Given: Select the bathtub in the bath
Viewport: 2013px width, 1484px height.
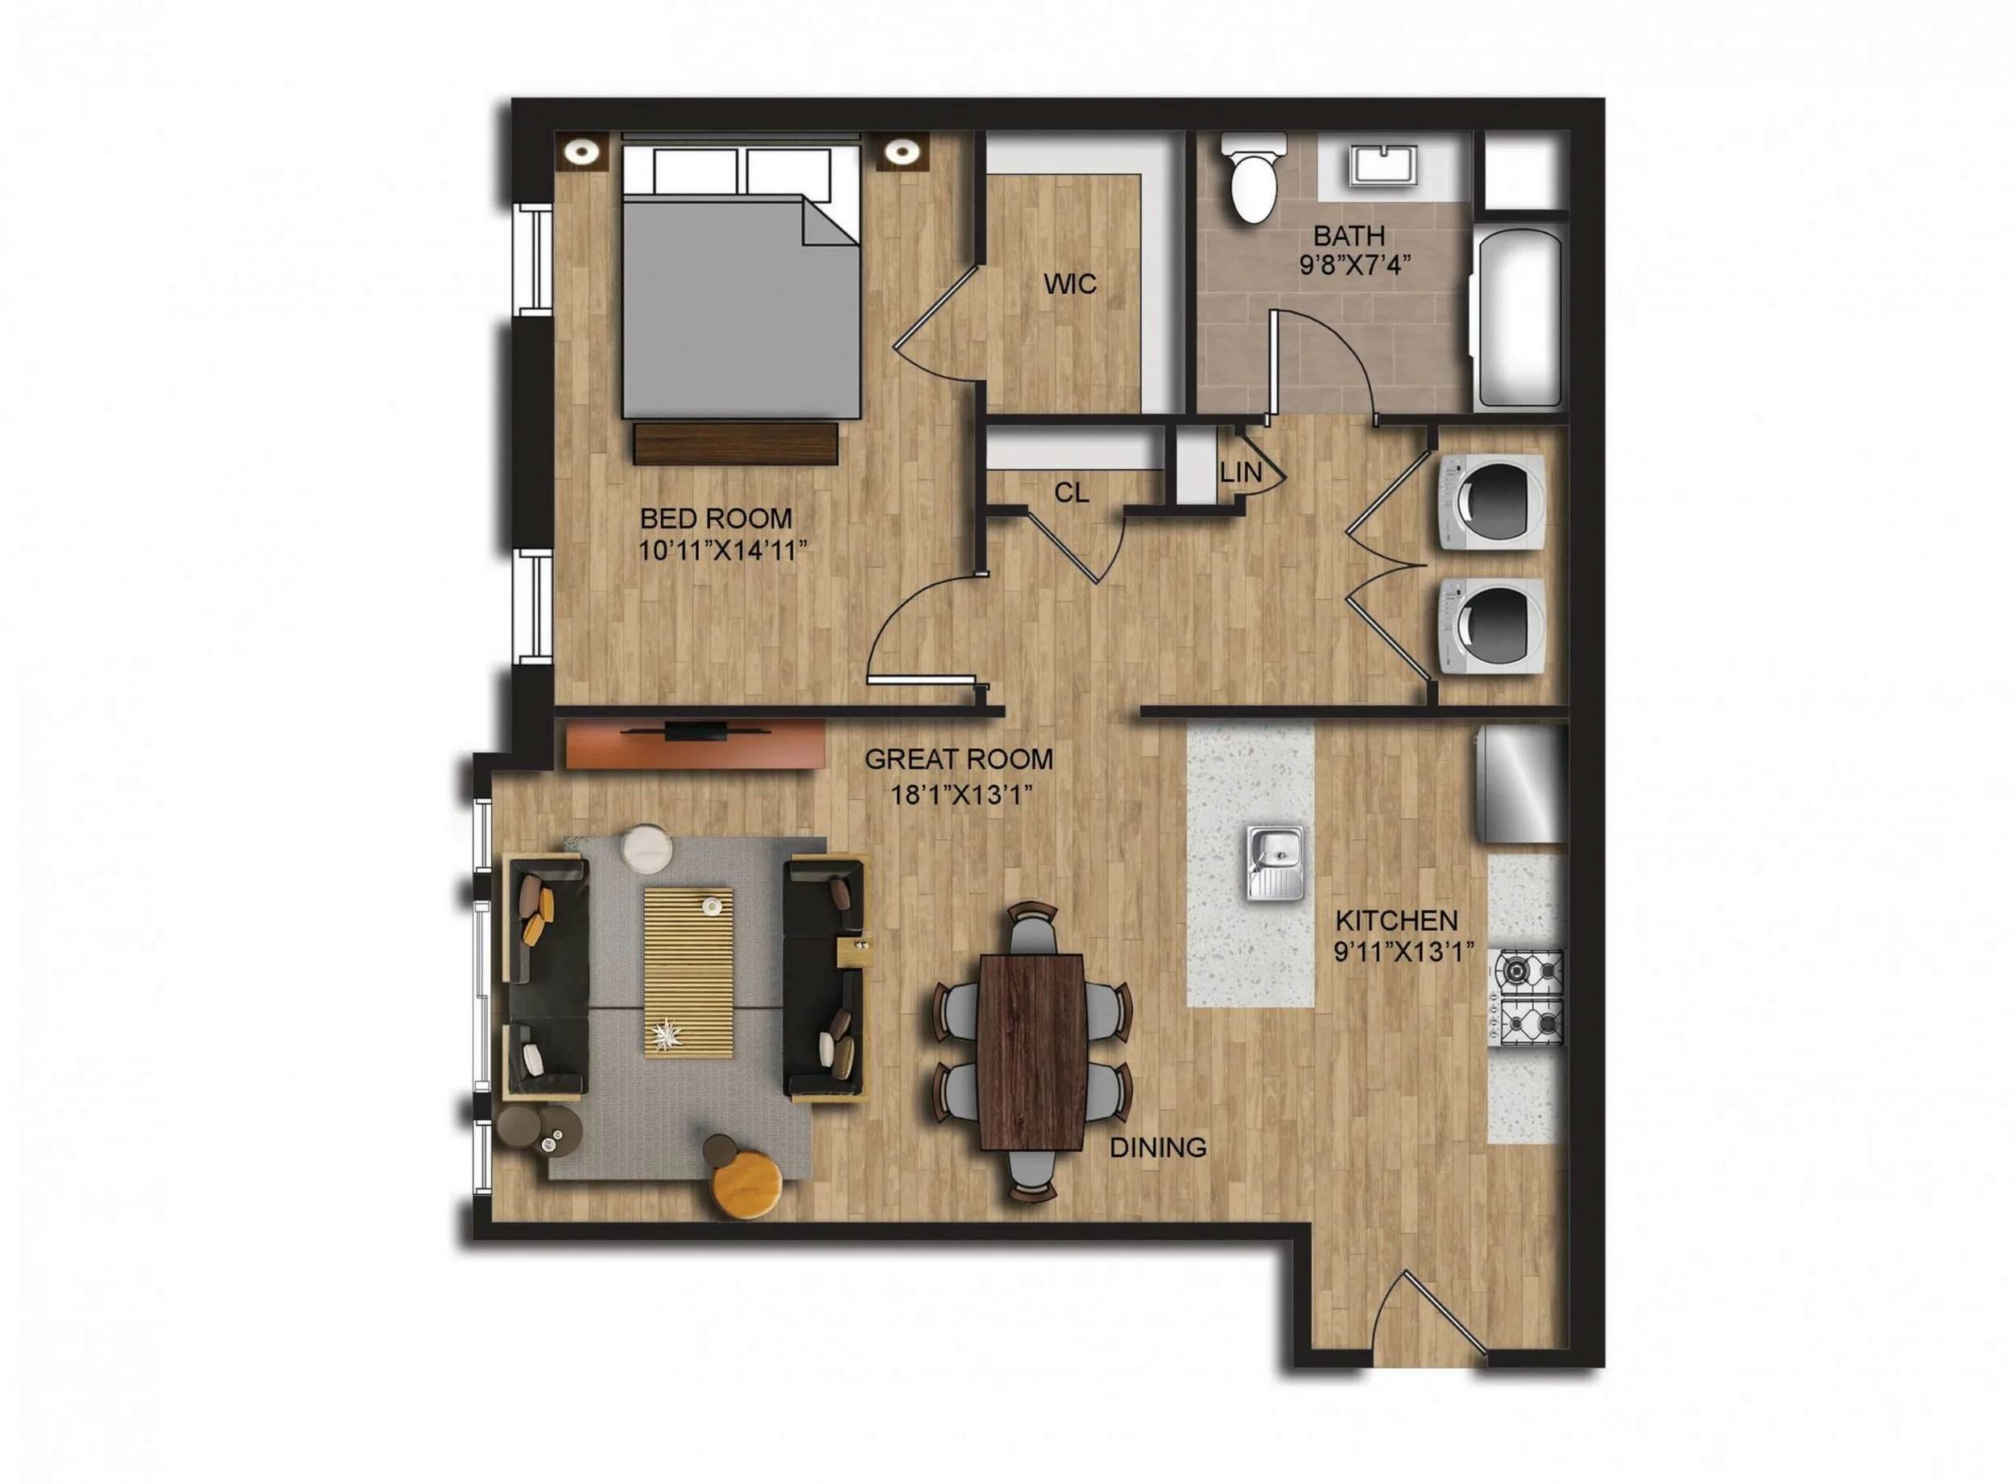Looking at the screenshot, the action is pos(1518,320).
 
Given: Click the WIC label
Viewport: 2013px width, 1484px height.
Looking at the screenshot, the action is pos(1070,284).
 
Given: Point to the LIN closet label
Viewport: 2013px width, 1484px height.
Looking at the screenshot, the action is pos(1241,472).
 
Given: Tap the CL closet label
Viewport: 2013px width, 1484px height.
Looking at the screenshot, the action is pos(1072,492).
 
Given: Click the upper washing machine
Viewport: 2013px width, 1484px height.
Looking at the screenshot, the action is pos(1491,502).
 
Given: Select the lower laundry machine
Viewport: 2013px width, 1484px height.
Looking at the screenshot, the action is pos(1491,626).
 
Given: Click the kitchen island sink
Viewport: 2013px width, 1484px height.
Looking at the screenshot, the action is pos(1275,863).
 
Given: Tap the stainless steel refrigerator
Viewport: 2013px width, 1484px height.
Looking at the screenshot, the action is pos(1522,783).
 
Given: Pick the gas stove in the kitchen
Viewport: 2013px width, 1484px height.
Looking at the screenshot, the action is pos(1528,998).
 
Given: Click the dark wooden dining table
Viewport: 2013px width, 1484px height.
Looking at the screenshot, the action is pos(1032,1052).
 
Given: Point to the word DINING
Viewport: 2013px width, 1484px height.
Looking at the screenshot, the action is pos(1158,1147).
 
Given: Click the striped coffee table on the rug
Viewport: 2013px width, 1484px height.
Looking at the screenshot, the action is pos(688,972).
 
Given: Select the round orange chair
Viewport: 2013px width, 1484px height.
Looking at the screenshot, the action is pos(746,1184).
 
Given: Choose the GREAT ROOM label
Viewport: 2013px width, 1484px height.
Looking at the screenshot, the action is pos(958,759).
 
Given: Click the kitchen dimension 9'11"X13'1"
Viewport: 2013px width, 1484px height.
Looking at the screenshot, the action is pos(1404,951).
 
